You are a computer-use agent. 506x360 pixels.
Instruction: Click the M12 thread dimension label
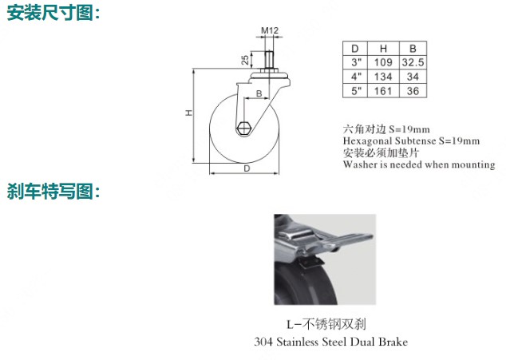[270, 30]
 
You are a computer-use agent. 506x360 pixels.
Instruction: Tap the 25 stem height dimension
[245, 60]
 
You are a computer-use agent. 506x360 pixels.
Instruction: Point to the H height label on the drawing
[189, 113]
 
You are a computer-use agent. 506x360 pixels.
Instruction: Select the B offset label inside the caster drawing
[259, 93]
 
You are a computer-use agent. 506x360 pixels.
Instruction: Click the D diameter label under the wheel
[247, 168]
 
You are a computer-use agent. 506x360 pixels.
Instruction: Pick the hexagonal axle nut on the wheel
[243, 129]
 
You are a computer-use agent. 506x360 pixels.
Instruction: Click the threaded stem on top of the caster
[268, 60]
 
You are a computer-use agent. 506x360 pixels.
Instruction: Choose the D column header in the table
[355, 49]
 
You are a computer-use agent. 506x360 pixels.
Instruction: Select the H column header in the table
[383, 49]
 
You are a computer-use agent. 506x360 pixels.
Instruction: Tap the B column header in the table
[413, 49]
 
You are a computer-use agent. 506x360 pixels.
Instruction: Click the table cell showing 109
[383, 62]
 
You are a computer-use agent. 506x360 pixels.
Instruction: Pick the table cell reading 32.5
[413, 62]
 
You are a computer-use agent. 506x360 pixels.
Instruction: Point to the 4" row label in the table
[356, 77]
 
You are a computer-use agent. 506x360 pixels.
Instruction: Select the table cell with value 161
[383, 91]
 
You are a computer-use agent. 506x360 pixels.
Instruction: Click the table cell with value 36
[413, 91]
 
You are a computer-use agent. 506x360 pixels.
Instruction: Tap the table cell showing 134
[383, 77]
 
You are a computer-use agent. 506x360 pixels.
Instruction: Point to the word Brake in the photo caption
[393, 342]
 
